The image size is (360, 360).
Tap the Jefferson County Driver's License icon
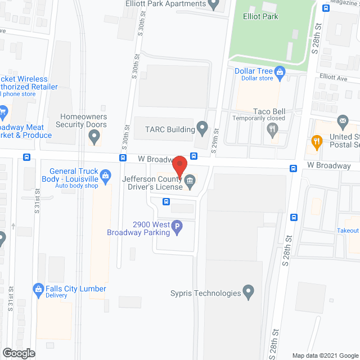pyautogui.click(x=190, y=180)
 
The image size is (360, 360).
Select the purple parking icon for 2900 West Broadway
pyautogui.click(x=177, y=228)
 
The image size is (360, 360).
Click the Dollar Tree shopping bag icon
pyautogui.click(x=280, y=71)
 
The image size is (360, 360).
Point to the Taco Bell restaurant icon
pyautogui.click(x=273, y=130)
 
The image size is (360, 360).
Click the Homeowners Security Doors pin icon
pyautogui.click(x=95, y=136)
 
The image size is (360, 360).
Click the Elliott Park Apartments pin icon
pyautogui.click(x=213, y=4)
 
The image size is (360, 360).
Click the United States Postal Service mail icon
pyautogui.click(x=342, y=121)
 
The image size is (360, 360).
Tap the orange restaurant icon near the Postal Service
pyautogui.click(x=317, y=141)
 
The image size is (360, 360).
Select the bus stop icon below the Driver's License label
pyautogui.click(x=166, y=201)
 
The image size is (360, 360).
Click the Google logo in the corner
pyautogui.click(x=18, y=353)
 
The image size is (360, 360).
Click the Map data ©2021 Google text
pyautogui.click(x=324, y=355)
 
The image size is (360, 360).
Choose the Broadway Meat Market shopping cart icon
pyautogui.click(x=2, y=110)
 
